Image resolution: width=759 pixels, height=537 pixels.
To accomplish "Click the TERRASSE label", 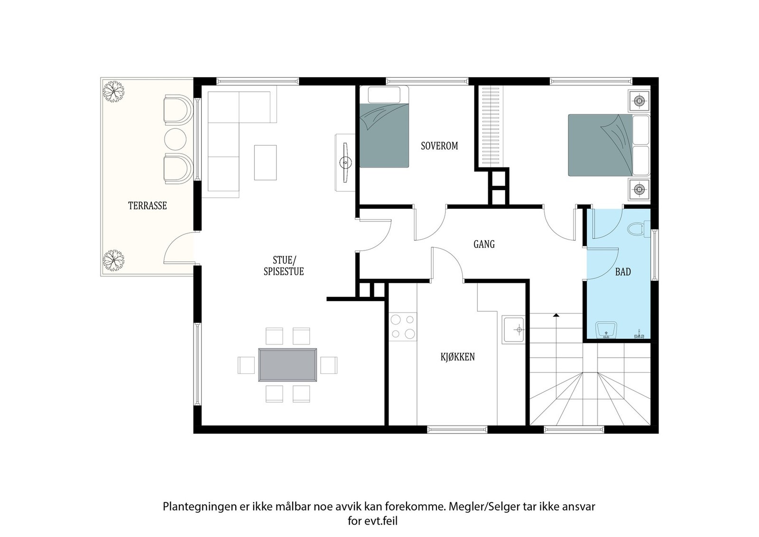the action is pos(148,206).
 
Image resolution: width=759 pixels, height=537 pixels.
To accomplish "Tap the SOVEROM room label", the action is pos(439,146).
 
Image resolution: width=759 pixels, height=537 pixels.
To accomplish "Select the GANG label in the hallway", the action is pos(484,244).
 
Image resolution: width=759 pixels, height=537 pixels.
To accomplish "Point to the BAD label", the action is pos(623,272).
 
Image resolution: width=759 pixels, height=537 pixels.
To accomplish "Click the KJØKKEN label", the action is pos(457,357).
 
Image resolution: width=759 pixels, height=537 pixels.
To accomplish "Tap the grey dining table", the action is pos(287,365).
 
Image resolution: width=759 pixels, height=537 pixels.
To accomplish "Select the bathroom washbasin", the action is pos(606,330).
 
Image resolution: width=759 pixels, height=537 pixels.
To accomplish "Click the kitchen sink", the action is pos(513,329).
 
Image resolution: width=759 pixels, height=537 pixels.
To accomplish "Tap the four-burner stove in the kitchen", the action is pos(403,326).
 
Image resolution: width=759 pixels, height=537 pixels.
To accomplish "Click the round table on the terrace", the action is pos(175,139).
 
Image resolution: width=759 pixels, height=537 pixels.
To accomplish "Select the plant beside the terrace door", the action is pos(113,260).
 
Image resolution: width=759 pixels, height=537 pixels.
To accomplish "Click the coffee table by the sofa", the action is pos(265,163).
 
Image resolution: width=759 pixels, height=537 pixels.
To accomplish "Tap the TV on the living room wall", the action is pos(345,163).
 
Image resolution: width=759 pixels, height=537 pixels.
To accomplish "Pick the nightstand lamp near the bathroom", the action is pos(639,189).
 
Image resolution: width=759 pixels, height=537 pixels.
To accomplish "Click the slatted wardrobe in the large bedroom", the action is pos(491,126).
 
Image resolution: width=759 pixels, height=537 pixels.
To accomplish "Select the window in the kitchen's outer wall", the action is pos(457,430).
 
